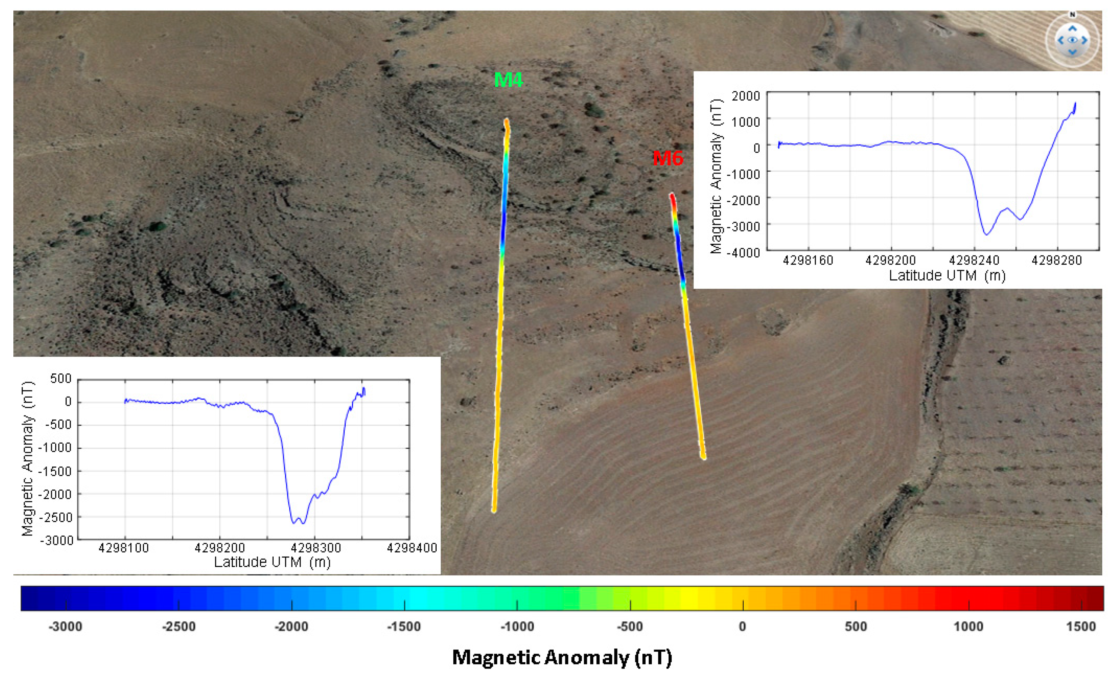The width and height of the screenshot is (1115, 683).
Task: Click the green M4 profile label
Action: [x=508, y=80]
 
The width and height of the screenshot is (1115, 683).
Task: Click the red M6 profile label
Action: [x=668, y=158]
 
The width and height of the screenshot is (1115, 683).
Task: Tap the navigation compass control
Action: [x=1072, y=40]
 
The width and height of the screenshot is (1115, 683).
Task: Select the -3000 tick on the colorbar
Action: [x=66, y=627]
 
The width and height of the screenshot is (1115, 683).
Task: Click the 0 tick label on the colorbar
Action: [x=743, y=627]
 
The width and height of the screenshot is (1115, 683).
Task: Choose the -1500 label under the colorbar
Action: [x=404, y=627]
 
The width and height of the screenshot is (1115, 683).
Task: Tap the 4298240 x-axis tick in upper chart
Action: [x=974, y=260]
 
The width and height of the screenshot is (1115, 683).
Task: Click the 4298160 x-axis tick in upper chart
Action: [x=808, y=260]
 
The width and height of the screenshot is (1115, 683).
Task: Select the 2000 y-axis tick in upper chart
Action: [x=746, y=96]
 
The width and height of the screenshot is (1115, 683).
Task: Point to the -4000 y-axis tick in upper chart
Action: [x=743, y=252]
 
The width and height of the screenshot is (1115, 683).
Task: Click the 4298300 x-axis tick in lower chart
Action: [x=315, y=548]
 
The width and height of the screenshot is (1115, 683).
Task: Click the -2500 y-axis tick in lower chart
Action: [x=55, y=518]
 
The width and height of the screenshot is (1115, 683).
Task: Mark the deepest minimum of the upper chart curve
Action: [x=987, y=234]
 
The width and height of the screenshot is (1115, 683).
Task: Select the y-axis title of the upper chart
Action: [x=715, y=177]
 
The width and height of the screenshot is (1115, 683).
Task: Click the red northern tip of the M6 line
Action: [x=672, y=196]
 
